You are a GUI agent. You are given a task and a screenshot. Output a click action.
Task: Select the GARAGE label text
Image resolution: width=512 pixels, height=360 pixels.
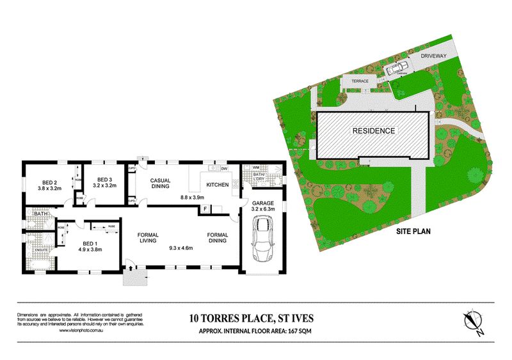click(x=262, y=202)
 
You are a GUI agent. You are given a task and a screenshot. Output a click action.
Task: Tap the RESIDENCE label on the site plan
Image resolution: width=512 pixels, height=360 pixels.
click(x=373, y=130)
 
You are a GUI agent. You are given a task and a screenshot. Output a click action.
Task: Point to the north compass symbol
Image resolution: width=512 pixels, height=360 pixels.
click(x=474, y=321)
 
